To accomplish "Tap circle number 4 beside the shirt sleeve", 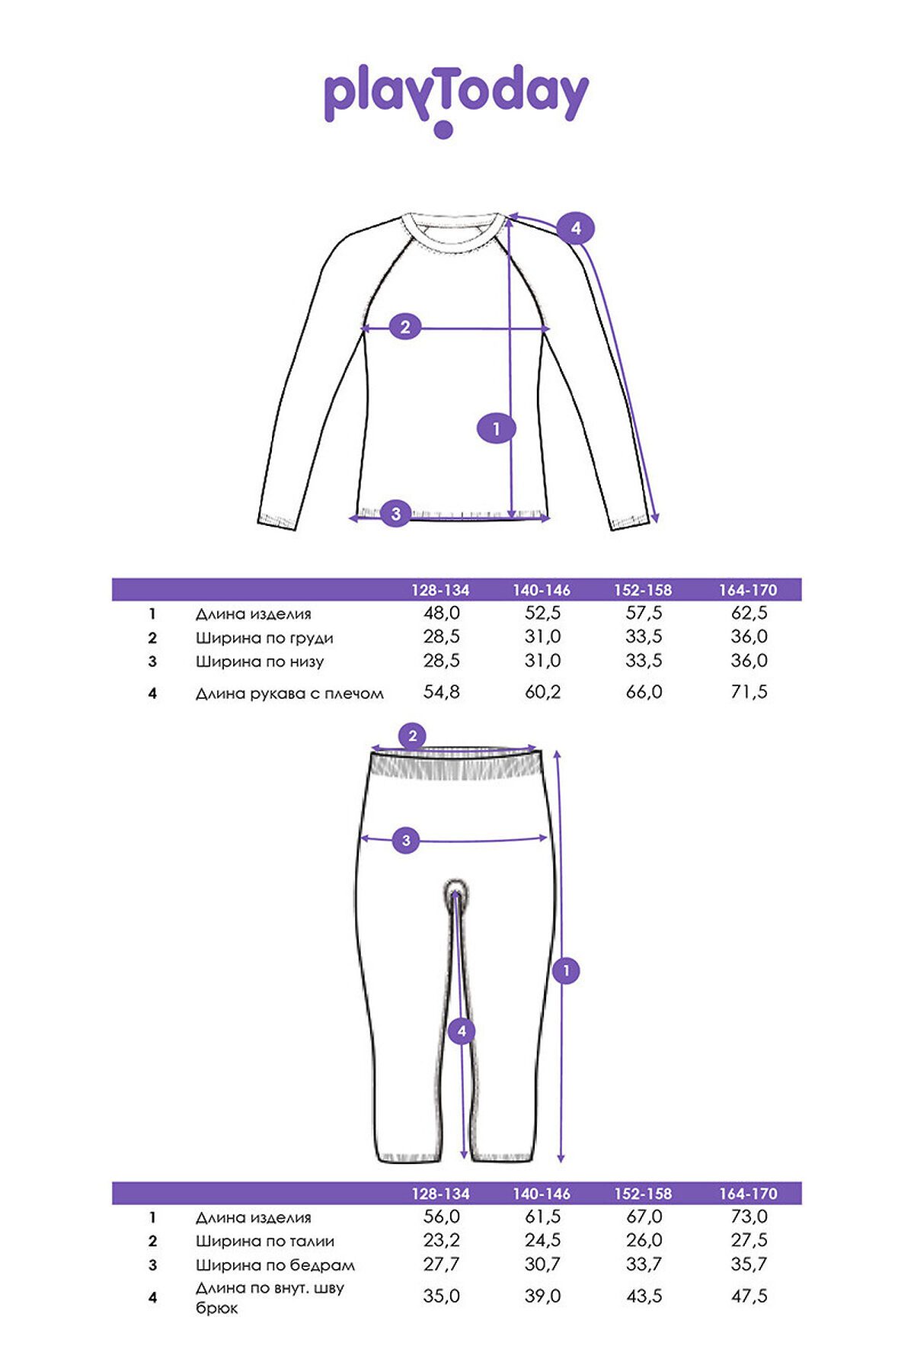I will pos(575,228).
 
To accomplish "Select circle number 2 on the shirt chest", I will pos(405,327).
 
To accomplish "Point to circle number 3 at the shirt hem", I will pos(395,514).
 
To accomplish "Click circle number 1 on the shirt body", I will pos(496,428).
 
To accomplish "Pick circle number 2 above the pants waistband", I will pos(413,736).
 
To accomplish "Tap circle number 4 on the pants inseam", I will pos(462,1032).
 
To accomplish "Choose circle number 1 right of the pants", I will pos(566,971).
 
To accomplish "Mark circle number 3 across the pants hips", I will pos(406,841).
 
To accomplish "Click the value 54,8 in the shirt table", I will pos(441,692).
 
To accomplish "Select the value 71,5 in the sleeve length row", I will pos(749,692).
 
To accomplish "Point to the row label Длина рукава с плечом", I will pos(289,694).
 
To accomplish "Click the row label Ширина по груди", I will pos(264,638).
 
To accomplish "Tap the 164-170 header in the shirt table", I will pos(748,590).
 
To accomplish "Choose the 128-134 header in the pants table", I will pos(440,1194).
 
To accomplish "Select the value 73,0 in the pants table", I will pos(749,1217).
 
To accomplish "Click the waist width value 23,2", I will pos(441,1240).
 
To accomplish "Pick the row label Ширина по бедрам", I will pos(275,1265).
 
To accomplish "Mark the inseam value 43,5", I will pos(644,1296).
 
